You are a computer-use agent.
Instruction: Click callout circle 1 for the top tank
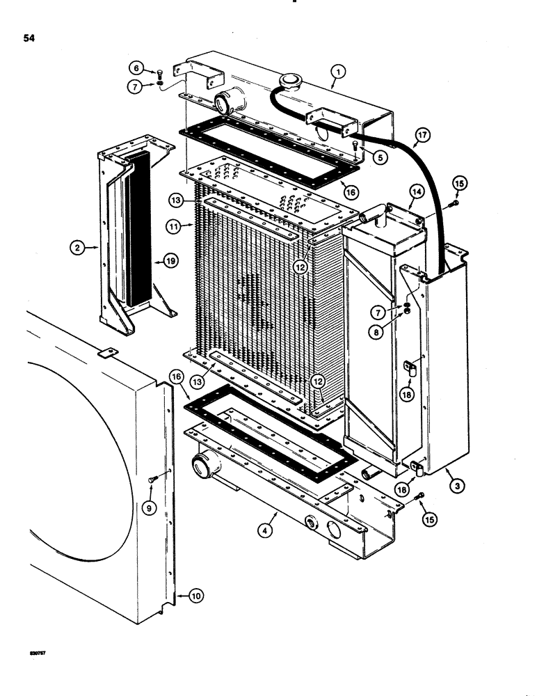[337, 70]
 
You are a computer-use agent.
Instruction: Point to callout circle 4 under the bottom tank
[379, 158]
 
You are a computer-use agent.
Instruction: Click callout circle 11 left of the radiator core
[174, 226]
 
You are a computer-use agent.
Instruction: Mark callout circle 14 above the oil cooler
[415, 204]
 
